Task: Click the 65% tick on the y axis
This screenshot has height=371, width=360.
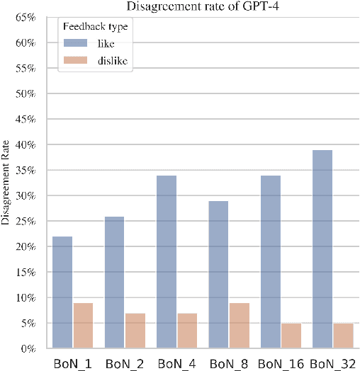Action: (x=23, y=18)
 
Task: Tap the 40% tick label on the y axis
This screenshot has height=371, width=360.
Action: (x=23, y=145)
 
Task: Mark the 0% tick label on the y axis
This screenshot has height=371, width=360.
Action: (x=26, y=349)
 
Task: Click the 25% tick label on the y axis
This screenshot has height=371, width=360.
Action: (x=23, y=222)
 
